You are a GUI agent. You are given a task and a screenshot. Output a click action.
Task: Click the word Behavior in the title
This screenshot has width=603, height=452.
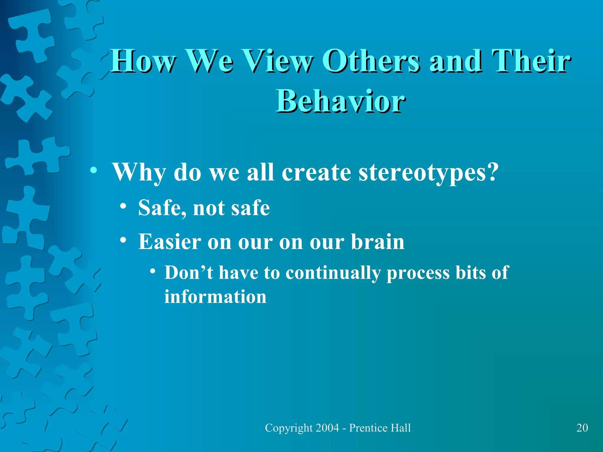340,101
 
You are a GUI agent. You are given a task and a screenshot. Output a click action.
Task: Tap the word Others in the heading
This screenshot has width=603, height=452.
371,61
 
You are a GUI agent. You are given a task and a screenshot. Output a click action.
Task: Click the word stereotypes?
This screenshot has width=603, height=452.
428,173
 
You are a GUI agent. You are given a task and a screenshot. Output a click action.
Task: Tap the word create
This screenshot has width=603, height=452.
316,173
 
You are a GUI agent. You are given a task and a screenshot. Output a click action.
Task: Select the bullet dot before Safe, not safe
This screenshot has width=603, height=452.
123,206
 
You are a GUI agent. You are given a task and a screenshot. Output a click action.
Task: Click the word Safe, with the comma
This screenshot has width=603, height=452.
162,208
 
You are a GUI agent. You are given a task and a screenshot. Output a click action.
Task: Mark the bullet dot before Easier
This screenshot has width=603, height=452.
123,240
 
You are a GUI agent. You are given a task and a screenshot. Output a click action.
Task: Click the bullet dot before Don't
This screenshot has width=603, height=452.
152,271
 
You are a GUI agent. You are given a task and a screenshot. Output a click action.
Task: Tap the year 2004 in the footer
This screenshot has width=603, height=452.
327,428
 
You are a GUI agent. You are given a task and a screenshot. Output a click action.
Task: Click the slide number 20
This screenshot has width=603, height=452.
582,428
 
